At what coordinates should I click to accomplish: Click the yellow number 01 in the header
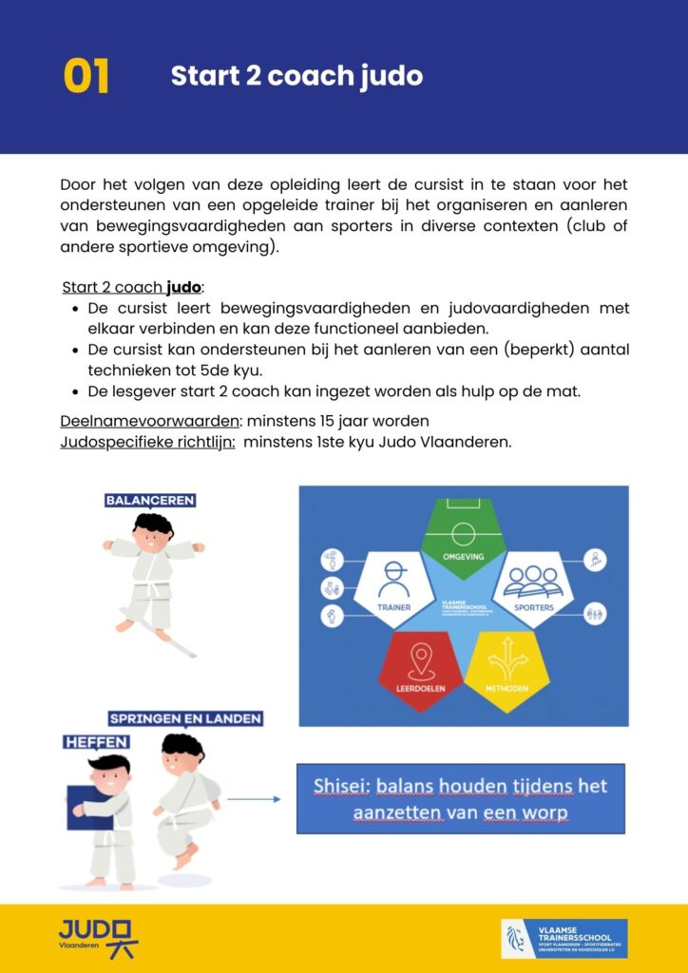pyautogui.click(x=86, y=77)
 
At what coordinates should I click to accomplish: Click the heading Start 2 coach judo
pyautogui.click(x=296, y=76)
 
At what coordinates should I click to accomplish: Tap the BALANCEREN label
pyautogui.click(x=150, y=500)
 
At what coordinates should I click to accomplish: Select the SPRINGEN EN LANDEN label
pyautogui.click(x=186, y=718)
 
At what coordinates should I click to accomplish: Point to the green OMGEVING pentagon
pyautogui.click(x=463, y=538)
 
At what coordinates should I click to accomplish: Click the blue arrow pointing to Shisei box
pyautogui.click(x=255, y=799)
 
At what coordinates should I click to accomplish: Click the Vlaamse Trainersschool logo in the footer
pyautogui.click(x=564, y=938)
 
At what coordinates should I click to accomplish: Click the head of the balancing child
pyautogui.click(x=151, y=532)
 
